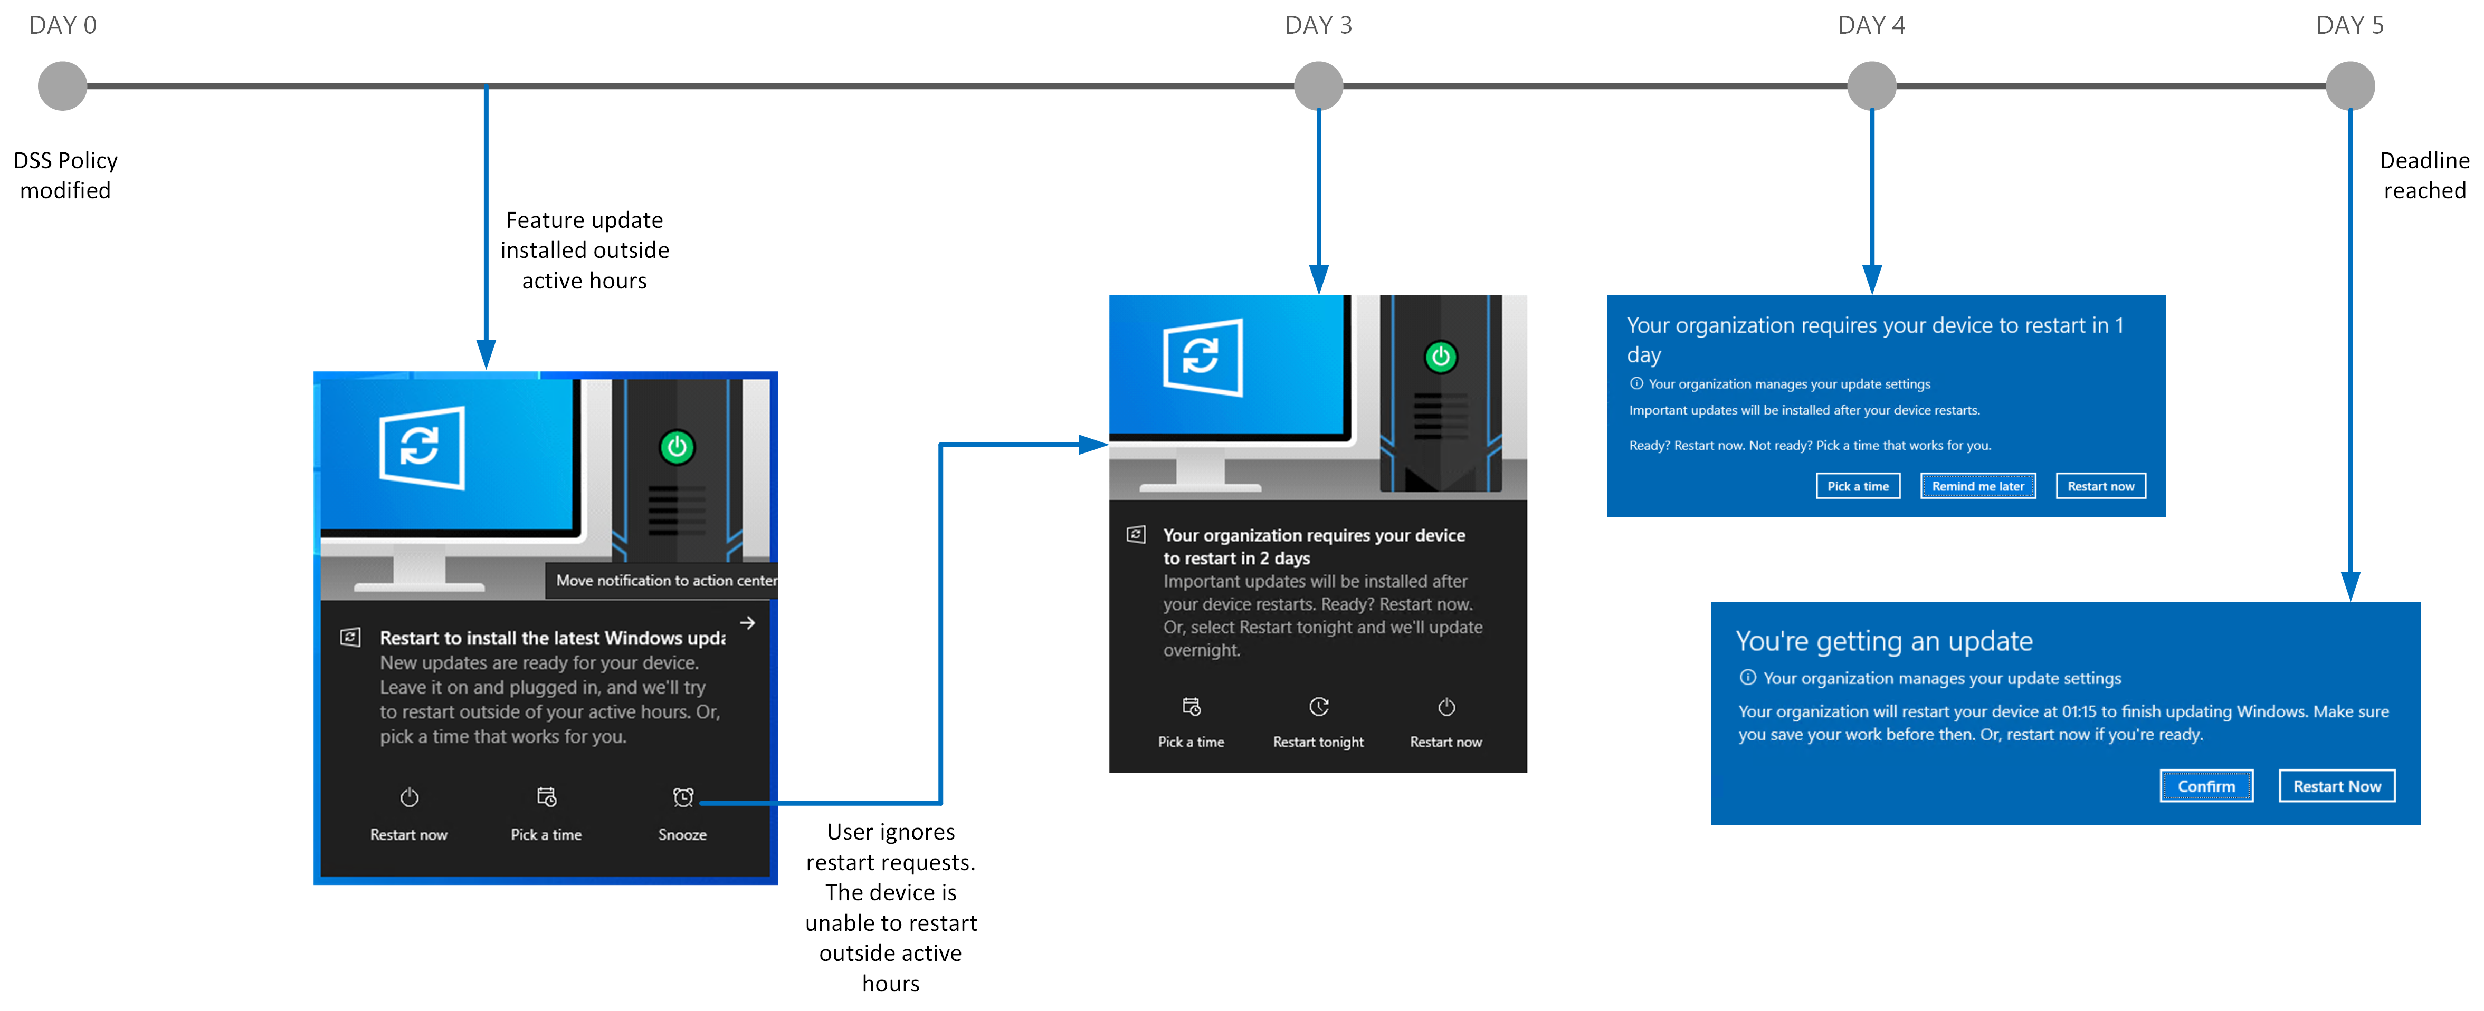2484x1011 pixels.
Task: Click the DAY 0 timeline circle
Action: pyautogui.click(x=63, y=86)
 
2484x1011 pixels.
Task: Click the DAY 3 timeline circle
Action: pyautogui.click(x=1318, y=86)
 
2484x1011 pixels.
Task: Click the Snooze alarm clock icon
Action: pyautogui.click(x=683, y=797)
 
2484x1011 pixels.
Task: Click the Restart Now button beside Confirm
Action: pyautogui.click(x=2336, y=785)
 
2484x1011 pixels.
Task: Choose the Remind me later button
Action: pyautogui.click(x=1978, y=486)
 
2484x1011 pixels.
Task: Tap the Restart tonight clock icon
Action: pyautogui.click(x=1318, y=707)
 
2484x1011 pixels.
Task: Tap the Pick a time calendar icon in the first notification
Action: pyautogui.click(x=546, y=797)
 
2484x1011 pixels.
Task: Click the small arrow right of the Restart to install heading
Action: pyautogui.click(x=747, y=623)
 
